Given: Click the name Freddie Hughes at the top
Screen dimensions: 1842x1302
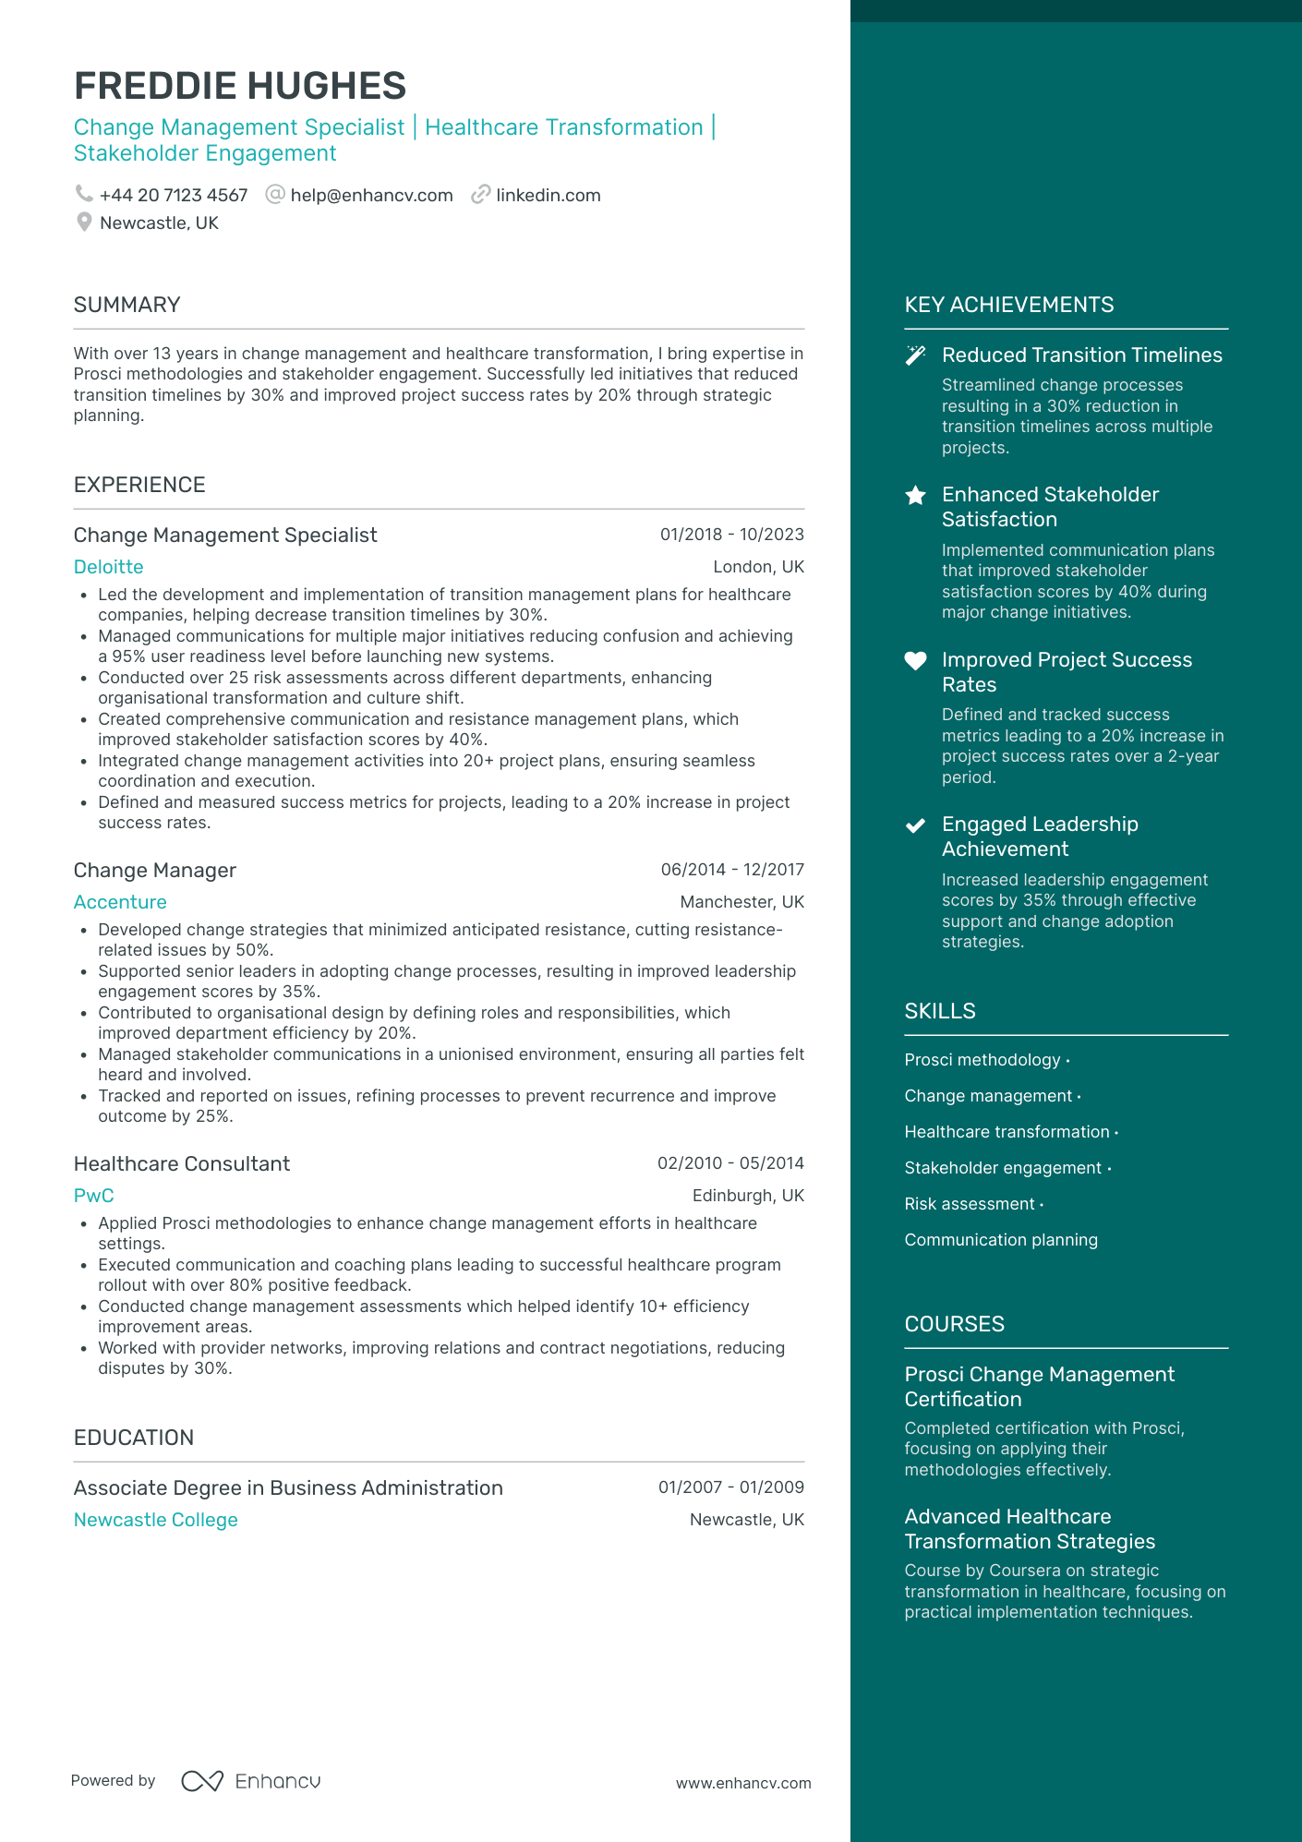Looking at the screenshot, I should pos(240,86).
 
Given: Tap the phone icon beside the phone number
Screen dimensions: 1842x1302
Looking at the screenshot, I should pos(84,194).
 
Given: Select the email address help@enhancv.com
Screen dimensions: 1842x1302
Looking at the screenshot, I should pos(371,196).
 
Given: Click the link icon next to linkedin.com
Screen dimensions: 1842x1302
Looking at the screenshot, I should pos(480,195).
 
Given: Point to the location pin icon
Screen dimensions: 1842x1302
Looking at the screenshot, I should pos(84,223).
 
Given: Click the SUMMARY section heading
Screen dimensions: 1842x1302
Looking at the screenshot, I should pos(127,305).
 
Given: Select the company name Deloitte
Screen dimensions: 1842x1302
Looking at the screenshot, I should pos(109,567).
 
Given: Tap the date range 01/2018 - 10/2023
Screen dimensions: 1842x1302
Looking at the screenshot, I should pos(731,535).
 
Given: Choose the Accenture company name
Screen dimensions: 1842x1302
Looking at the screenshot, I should pos(120,902).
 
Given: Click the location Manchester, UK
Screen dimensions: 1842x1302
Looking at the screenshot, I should pos(741,902).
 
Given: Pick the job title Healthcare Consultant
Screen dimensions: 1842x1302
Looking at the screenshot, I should pos(182,1163).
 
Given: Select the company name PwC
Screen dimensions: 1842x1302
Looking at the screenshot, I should pos(94,1196).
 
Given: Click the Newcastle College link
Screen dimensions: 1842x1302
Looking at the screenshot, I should pos(156,1520).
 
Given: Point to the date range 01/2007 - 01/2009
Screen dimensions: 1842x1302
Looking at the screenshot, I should pos(730,1487).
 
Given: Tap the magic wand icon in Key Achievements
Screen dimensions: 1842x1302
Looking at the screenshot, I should pos(915,355).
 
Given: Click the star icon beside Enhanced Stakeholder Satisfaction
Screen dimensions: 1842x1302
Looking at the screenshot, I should pos(915,496).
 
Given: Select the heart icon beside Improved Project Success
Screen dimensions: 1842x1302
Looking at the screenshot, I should pos(915,660).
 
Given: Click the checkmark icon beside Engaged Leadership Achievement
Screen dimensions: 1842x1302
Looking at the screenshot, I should pos(915,825).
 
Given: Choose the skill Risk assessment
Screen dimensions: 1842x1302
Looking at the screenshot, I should pos(970,1204).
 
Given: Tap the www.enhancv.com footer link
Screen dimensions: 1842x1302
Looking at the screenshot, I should pos(743,1783).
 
